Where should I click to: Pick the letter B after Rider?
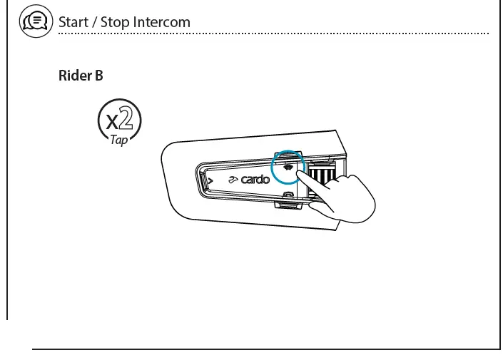coord(98,75)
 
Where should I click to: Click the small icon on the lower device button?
coord(288,194)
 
